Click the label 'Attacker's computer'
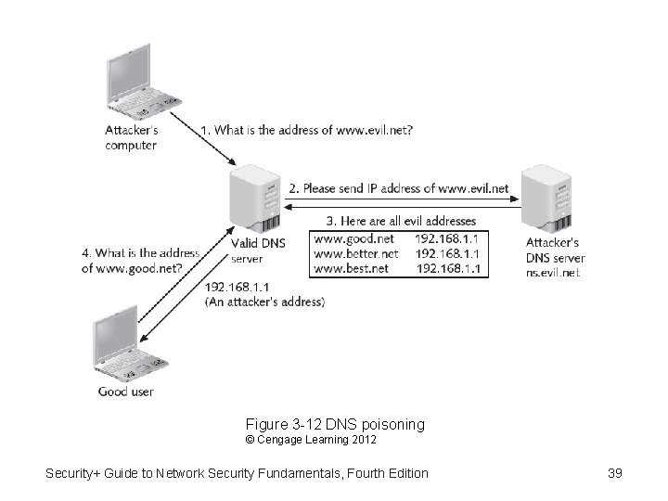pyautogui.click(x=131, y=137)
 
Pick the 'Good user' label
pyautogui.click(x=126, y=392)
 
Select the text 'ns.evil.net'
pyautogui.click(x=553, y=273)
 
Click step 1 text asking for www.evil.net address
pyautogui.click(x=306, y=131)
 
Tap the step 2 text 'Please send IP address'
pyautogui.click(x=399, y=188)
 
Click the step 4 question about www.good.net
pyautogui.click(x=140, y=261)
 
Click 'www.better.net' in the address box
pyautogui.click(x=356, y=252)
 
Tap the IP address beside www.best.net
pyautogui.click(x=449, y=268)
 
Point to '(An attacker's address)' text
pyautogui.click(x=264, y=302)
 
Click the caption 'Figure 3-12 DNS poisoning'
pyautogui.click(x=335, y=424)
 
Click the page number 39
pyautogui.click(x=614, y=473)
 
